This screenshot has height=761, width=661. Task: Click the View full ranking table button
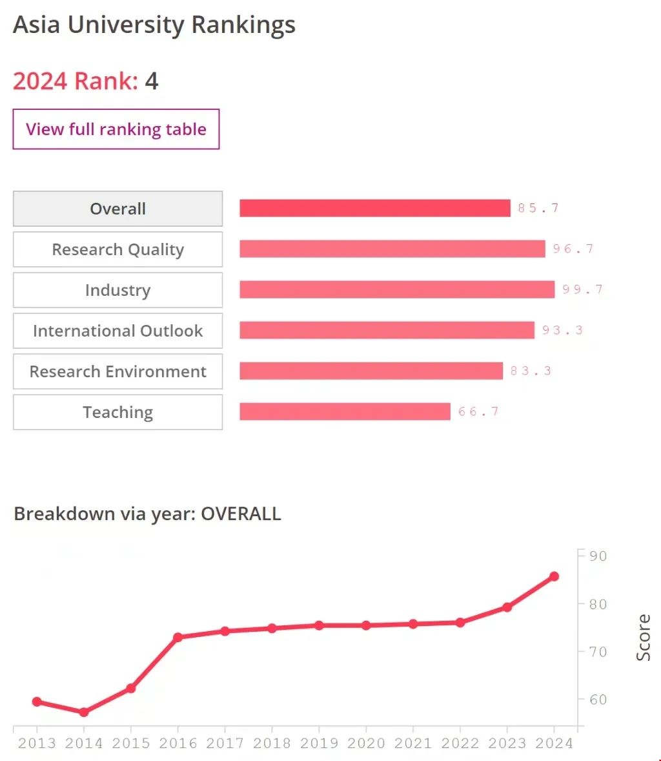point(116,129)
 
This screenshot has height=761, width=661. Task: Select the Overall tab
point(117,209)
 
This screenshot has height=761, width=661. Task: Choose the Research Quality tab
point(117,249)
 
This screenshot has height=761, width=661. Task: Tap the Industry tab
point(117,290)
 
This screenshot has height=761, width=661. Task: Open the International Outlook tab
point(117,331)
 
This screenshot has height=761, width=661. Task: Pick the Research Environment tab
point(117,371)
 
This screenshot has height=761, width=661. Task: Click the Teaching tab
point(117,412)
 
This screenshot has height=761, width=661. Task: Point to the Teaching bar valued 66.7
point(345,412)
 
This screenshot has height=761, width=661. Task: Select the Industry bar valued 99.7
point(397,289)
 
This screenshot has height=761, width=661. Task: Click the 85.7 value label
point(538,208)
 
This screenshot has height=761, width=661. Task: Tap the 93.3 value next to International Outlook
point(562,330)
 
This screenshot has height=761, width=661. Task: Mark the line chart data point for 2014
point(84,712)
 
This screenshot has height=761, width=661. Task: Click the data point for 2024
point(554,576)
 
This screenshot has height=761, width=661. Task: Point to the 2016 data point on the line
point(178,637)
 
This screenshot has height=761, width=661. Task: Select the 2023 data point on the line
point(507,607)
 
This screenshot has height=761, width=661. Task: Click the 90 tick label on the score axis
point(598,556)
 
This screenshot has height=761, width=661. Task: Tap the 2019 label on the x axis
point(319,744)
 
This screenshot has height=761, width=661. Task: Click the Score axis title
point(643,637)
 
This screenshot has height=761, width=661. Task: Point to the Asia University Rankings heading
point(154,25)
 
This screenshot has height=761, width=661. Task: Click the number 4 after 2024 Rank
point(152,81)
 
